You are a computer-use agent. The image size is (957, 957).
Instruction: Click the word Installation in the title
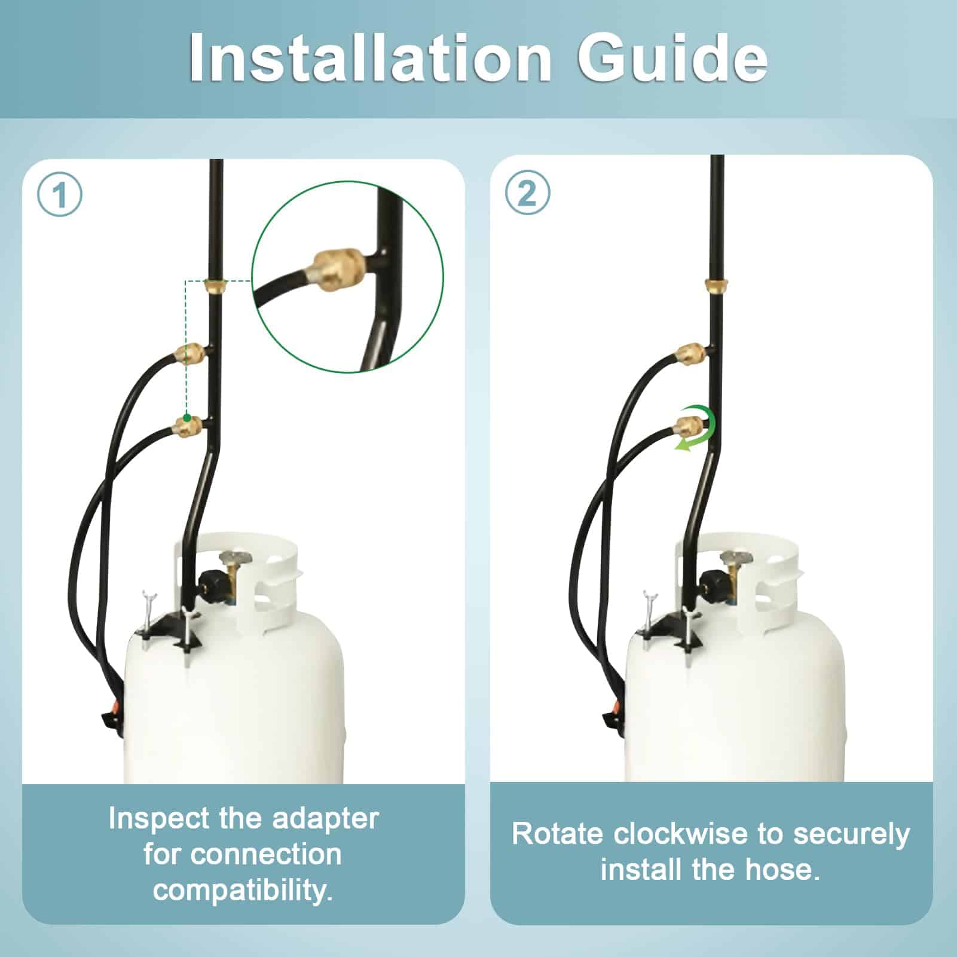(x=369, y=57)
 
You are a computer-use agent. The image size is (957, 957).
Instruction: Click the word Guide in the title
(x=672, y=57)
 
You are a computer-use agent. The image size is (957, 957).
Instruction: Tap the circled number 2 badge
(x=527, y=194)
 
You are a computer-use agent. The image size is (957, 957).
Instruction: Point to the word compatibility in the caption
(x=243, y=890)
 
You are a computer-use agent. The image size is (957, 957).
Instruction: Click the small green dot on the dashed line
(x=186, y=417)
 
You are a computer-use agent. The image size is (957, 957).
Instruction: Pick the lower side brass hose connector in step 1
(x=186, y=427)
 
